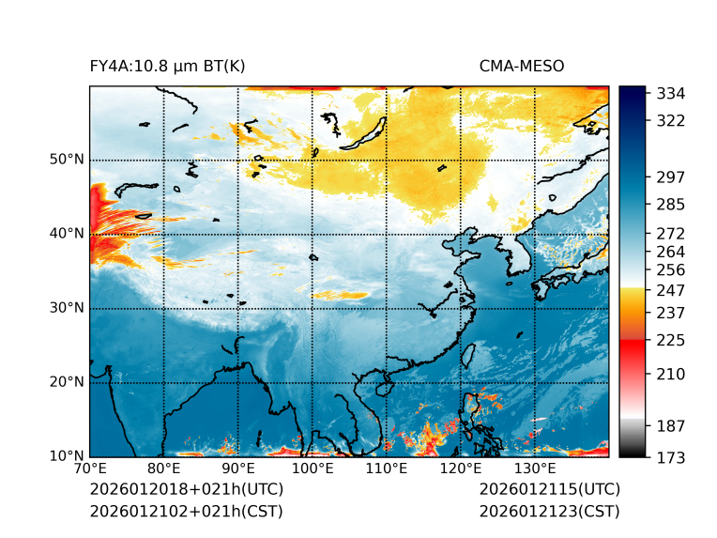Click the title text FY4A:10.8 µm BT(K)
coord(167,66)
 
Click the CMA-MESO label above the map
coord(522,66)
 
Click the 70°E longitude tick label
coord(90,469)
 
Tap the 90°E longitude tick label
coord(238,469)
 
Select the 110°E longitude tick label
coord(387,469)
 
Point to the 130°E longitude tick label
coord(535,469)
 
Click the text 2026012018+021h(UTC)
coord(186,489)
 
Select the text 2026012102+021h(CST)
coord(186,511)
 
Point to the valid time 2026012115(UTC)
coord(549,489)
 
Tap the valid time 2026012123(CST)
coord(549,511)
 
